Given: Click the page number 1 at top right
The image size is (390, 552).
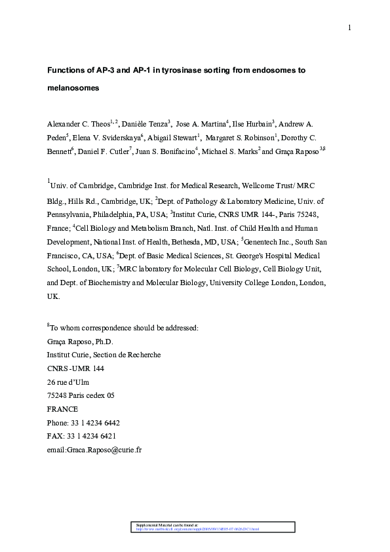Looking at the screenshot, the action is point(350,28).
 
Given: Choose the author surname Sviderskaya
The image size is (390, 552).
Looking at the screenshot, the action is point(113,138).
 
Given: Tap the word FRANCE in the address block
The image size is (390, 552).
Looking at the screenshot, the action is point(62,409).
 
